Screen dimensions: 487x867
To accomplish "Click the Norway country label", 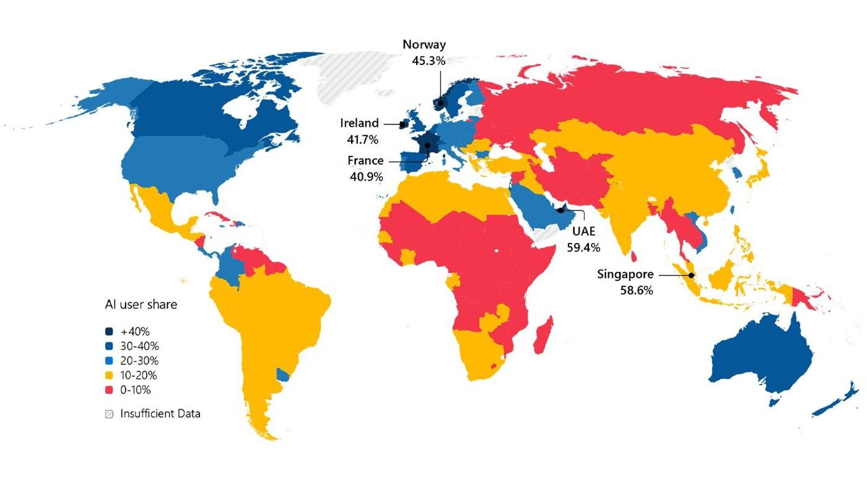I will click(x=424, y=44).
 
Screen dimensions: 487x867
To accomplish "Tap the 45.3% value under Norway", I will click(x=428, y=61).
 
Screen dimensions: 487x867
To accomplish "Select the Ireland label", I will click(x=359, y=123).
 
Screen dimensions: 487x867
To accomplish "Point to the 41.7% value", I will click(x=363, y=140).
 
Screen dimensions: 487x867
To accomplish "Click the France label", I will click(x=365, y=161).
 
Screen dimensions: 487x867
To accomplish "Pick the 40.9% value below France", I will click(x=366, y=177).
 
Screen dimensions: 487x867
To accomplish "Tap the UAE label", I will click(x=584, y=231).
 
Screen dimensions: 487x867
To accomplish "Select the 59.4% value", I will click(x=584, y=247).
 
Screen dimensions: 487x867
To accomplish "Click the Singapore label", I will click(x=625, y=274).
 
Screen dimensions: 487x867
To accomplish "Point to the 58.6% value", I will click(x=637, y=291).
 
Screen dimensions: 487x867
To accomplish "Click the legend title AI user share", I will click(x=141, y=305).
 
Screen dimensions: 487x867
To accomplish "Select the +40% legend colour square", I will click(x=109, y=332).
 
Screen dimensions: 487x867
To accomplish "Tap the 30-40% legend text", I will click(x=139, y=346).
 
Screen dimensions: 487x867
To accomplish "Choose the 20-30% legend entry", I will click(x=139, y=361).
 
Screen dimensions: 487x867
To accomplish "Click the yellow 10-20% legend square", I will click(x=109, y=376).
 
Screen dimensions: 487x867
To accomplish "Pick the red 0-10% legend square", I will click(x=109, y=390).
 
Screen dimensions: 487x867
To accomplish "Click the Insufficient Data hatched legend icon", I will click(x=109, y=414).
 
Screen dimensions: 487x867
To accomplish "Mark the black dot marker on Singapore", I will click(x=691, y=275).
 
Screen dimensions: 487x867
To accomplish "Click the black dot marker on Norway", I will click(x=441, y=103).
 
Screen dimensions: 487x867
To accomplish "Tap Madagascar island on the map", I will click(x=544, y=335).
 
